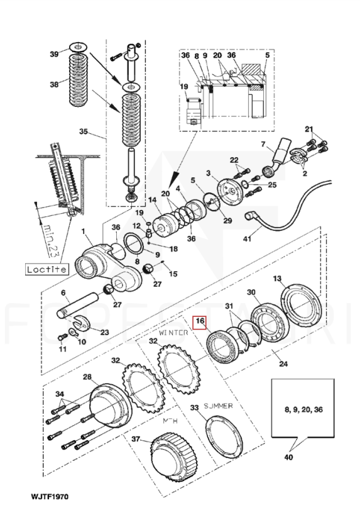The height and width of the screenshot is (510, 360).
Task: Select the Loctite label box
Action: (47, 269)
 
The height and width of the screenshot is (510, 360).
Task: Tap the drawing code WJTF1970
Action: (50, 497)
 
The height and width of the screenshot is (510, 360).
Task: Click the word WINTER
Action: (173, 333)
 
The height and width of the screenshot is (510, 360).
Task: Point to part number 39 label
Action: (54, 54)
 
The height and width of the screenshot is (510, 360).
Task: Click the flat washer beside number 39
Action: (78, 47)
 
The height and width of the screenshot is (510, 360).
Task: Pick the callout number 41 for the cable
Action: (248, 239)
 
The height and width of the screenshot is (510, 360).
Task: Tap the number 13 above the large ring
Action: (277, 279)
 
